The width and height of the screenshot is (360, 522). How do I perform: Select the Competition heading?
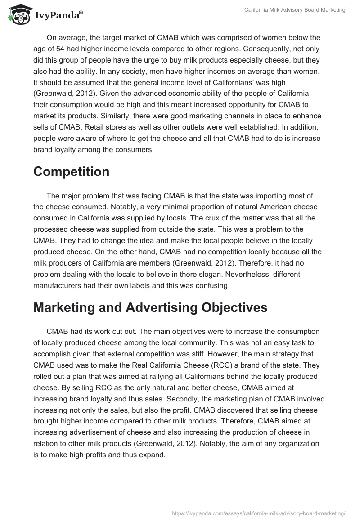coord(71,171)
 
